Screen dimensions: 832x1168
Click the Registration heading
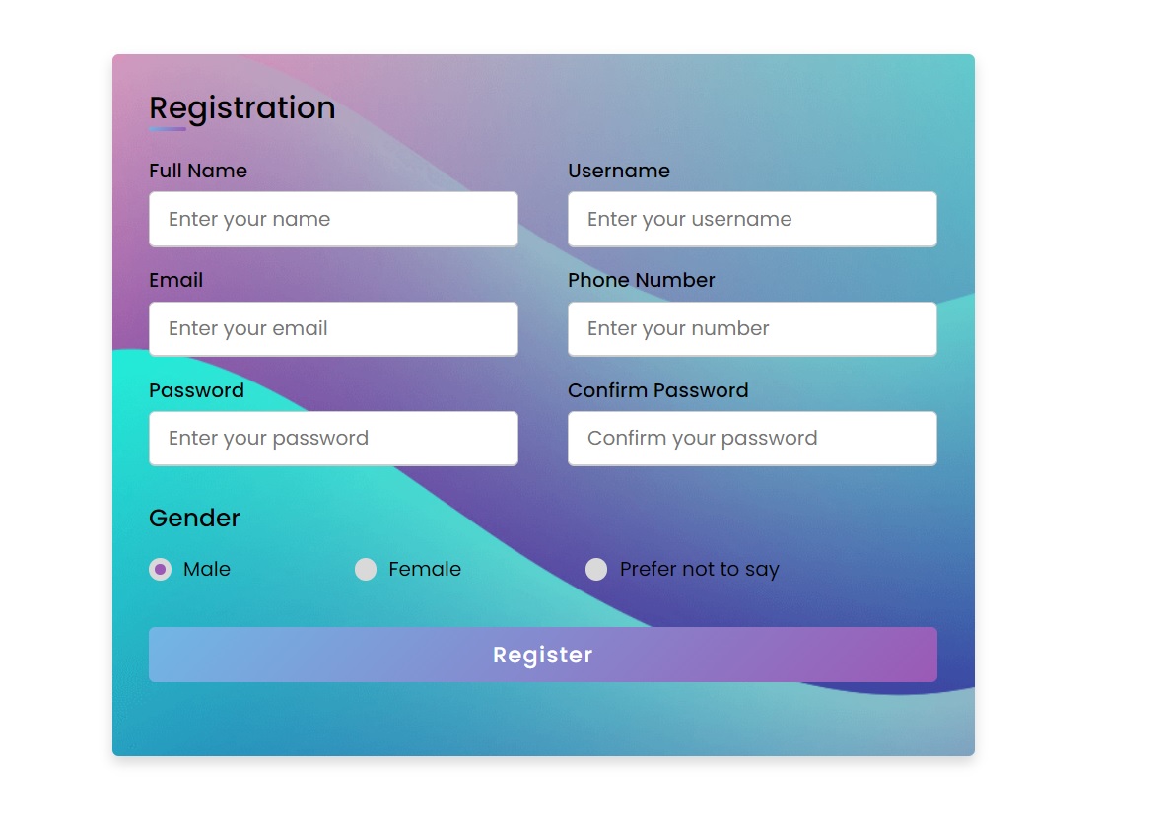click(x=241, y=107)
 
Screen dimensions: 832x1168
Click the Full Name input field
click(x=333, y=219)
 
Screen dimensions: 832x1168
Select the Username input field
click(x=752, y=219)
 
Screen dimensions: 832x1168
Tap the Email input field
click(x=333, y=328)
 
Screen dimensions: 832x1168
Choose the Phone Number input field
click(x=752, y=328)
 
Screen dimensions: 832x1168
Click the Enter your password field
click(x=333, y=438)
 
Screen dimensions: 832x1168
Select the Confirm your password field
click(x=752, y=438)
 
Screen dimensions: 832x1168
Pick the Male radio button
click(x=161, y=569)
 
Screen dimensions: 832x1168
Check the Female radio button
click(x=366, y=569)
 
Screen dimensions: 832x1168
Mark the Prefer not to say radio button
click(x=596, y=569)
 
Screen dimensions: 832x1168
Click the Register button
click(x=542, y=655)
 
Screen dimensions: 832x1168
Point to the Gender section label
click(x=194, y=518)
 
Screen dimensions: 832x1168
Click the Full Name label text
click(x=198, y=171)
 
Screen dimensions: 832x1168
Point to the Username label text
click(x=619, y=171)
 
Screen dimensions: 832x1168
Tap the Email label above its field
click(x=176, y=280)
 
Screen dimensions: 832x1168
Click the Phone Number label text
click(x=642, y=280)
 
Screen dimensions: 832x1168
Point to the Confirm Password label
click(x=658, y=390)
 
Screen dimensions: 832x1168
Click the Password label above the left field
click(x=196, y=390)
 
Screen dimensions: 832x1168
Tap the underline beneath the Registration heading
click(x=168, y=129)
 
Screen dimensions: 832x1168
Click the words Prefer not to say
click(x=699, y=569)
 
